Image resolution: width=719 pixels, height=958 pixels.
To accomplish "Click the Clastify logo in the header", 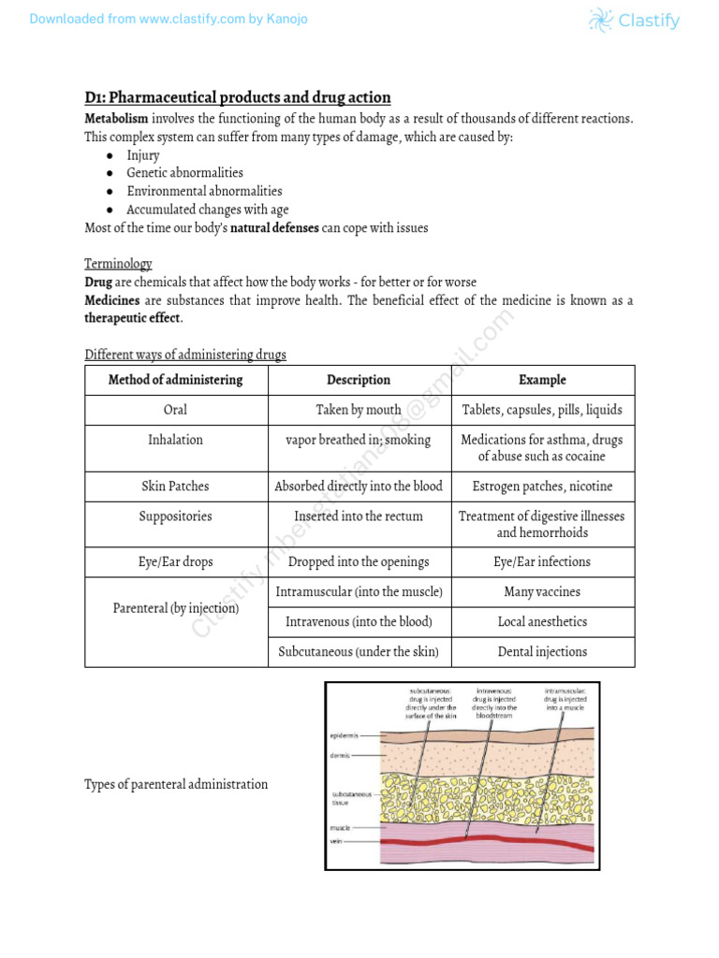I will [634, 20].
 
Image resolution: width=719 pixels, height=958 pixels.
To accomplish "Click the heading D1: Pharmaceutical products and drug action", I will [238, 98].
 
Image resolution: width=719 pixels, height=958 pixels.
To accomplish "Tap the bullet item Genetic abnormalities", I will [184, 173].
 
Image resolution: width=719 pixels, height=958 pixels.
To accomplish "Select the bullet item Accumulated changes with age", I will [208, 210].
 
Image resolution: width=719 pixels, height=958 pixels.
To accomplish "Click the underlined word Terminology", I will [118, 265].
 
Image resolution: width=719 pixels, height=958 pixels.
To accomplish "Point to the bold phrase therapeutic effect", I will [133, 318].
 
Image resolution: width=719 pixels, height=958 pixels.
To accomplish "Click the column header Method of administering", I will [175, 380].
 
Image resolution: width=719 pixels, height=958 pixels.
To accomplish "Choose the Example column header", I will [542, 380].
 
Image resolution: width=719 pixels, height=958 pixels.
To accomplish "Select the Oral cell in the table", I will [175, 410].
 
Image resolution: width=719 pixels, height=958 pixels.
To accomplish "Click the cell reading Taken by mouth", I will [359, 410].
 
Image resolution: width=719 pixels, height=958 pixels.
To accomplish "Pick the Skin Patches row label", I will [175, 486].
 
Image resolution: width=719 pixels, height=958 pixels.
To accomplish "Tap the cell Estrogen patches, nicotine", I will [542, 486].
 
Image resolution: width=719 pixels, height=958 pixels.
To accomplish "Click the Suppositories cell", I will [175, 516].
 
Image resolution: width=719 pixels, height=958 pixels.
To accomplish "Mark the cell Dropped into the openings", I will [359, 562].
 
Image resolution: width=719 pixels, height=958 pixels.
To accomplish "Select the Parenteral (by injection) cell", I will [175, 609].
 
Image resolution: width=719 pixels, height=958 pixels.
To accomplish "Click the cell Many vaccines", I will [542, 592].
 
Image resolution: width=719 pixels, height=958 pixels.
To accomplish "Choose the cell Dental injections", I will [542, 652].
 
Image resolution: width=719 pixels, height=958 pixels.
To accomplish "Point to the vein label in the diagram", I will [337, 842].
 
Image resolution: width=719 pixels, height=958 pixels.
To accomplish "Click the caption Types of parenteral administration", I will [176, 784].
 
